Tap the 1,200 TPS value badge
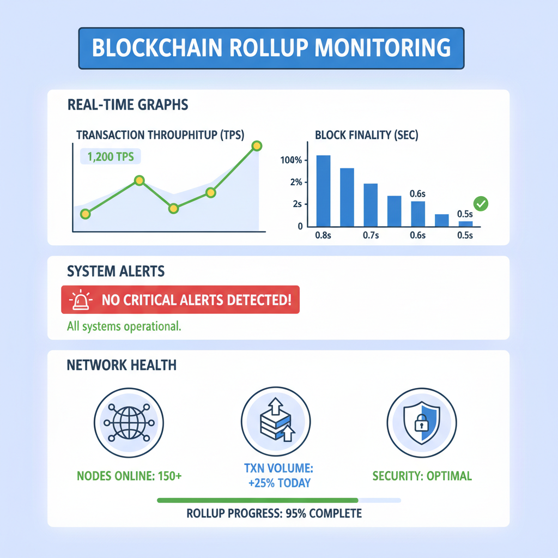pos(111,157)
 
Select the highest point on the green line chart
pos(257,146)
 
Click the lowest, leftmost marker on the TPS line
pos(85,214)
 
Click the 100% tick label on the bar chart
pos(291,161)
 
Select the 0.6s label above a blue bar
pos(417,194)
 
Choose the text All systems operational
pos(124,327)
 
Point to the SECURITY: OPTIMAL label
pos(422,476)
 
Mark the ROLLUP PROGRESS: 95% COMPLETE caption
pos(274,513)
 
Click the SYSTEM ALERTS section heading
pos(116,271)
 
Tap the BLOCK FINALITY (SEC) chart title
pos(366,136)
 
